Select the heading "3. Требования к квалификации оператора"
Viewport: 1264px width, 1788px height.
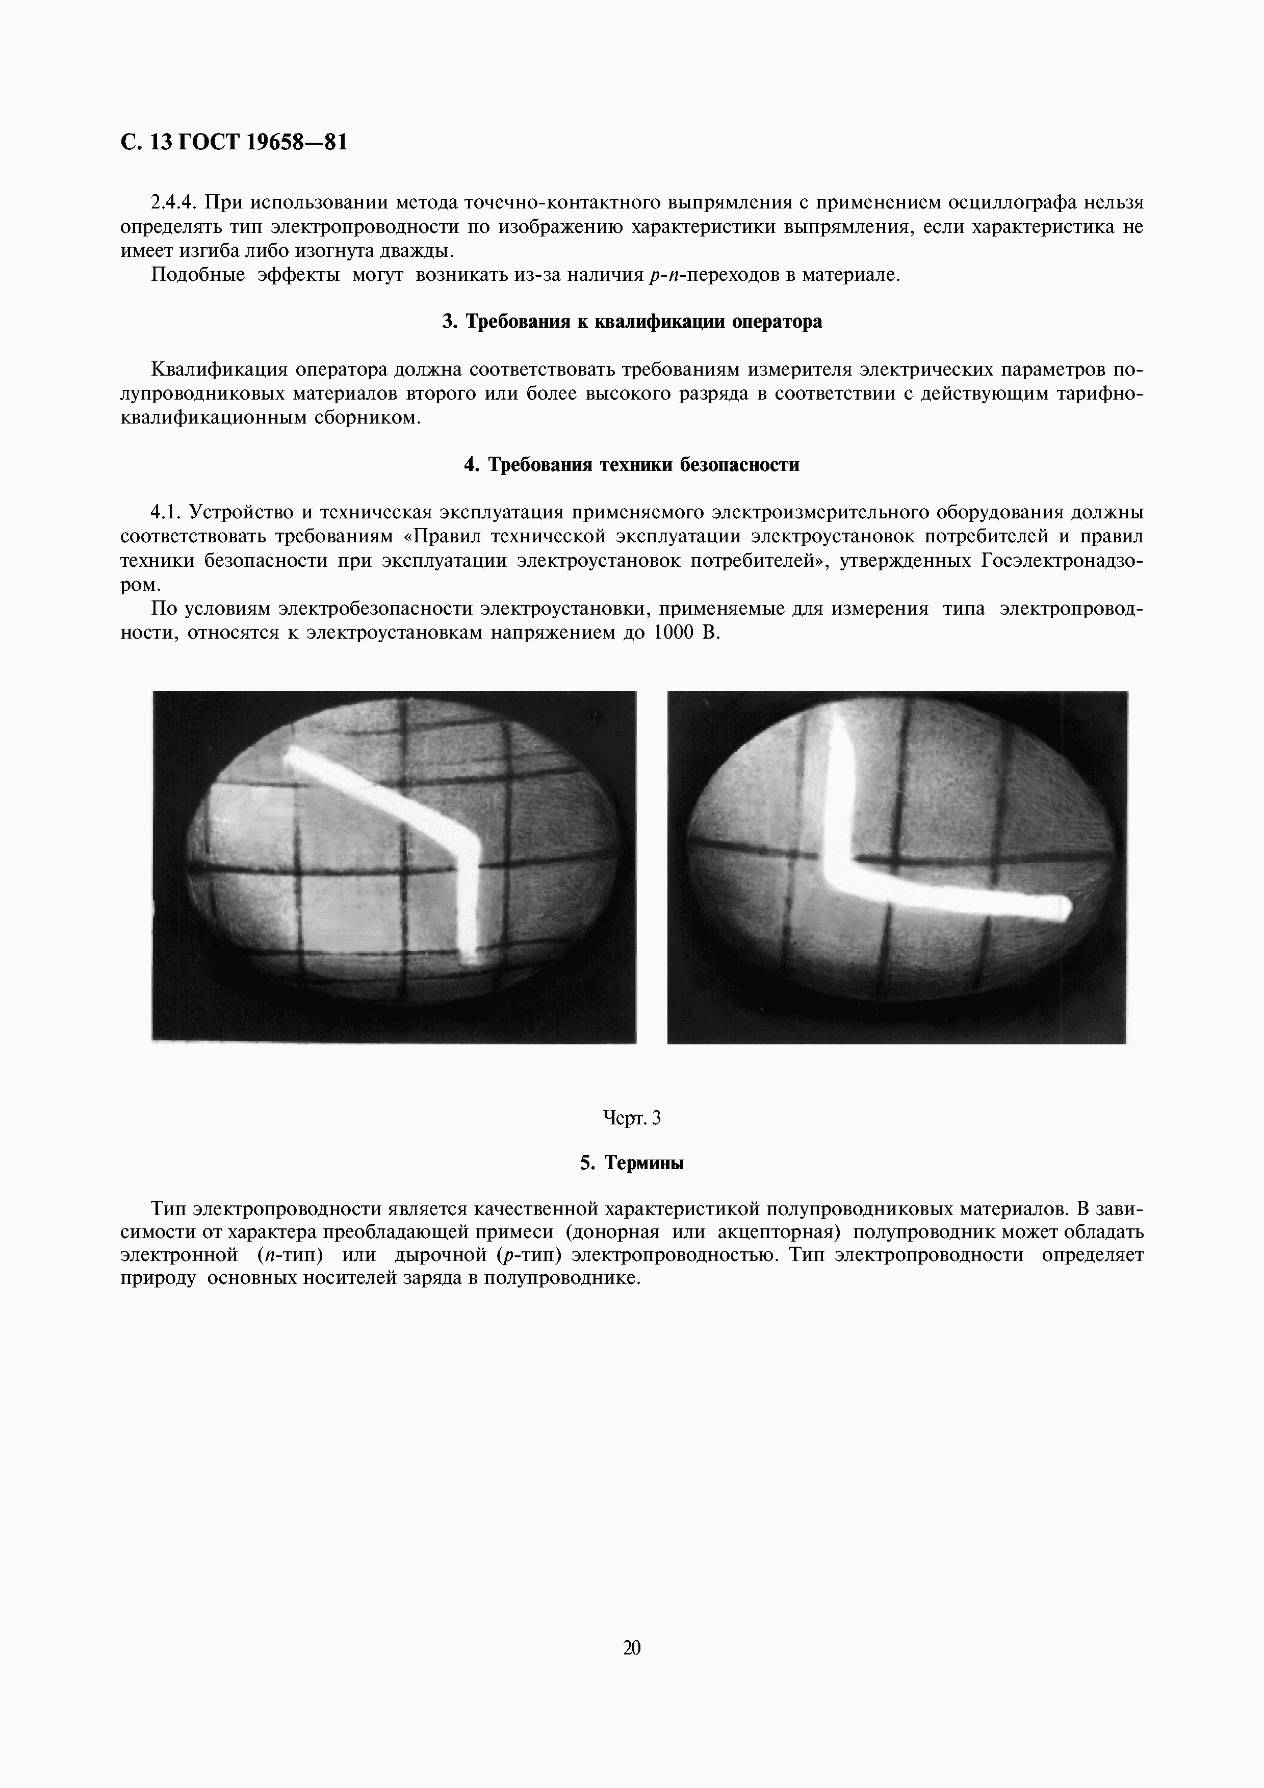[x=632, y=322]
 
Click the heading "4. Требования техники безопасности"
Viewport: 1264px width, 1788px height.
[x=632, y=465]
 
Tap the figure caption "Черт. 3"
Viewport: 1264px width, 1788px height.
[x=632, y=1117]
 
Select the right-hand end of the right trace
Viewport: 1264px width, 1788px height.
[x=1064, y=907]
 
